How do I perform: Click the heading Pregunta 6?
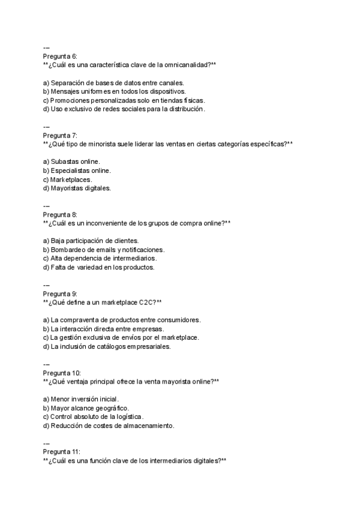point(60,56)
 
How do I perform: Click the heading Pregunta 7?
point(60,136)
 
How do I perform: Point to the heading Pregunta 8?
point(60,215)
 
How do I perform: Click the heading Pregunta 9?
point(60,294)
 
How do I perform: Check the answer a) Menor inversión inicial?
point(81,399)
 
